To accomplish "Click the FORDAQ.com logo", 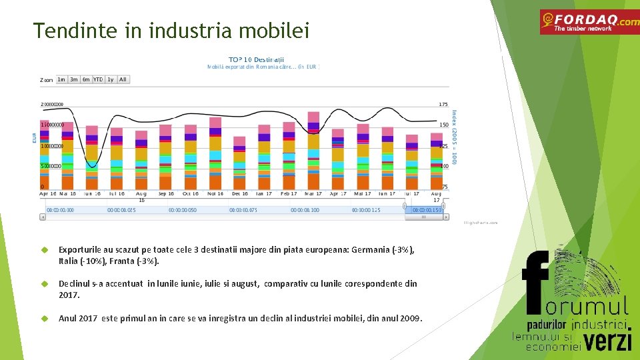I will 589,22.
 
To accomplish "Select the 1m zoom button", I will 61,79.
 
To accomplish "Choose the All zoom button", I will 123,79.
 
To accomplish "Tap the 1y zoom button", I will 110,79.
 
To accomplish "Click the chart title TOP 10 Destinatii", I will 257,59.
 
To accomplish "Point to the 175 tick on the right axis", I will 443,104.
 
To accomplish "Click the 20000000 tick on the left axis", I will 52,104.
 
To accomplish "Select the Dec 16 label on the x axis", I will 239,194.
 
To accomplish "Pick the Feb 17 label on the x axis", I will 289,194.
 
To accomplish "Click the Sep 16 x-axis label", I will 167,194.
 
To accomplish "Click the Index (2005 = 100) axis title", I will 455,137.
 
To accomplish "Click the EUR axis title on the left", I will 35,138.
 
